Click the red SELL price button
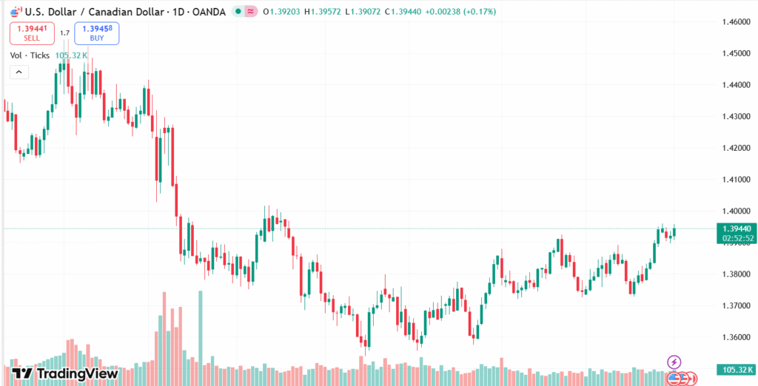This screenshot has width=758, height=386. click(x=32, y=33)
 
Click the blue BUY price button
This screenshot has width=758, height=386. click(x=96, y=33)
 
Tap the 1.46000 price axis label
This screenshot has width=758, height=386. click(x=737, y=23)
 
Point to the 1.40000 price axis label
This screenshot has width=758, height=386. click(x=737, y=211)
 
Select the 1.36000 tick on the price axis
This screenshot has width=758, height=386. click(x=737, y=337)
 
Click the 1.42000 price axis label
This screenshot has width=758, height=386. click(x=737, y=149)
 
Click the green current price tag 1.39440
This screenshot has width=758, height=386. click(x=737, y=229)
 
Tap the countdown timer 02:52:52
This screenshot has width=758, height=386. click(x=737, y=239)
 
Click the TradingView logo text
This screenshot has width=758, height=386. click(x=77, y=373)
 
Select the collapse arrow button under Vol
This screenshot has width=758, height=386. click(x=19, y=72)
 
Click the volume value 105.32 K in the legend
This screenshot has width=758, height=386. click(x=71, y=55)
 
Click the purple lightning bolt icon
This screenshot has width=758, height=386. click(x=674, y=362)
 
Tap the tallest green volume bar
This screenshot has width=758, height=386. click(x=200, y=329)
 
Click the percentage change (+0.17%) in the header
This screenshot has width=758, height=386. click(x=476, y=12)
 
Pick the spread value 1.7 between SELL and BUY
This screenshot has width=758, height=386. click(x=64, y=33)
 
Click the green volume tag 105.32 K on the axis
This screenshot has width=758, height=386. click(x=737, y=369)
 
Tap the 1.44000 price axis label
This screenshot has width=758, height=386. click(x=737, y=86)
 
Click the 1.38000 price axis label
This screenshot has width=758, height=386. click(x=737, y=274)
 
